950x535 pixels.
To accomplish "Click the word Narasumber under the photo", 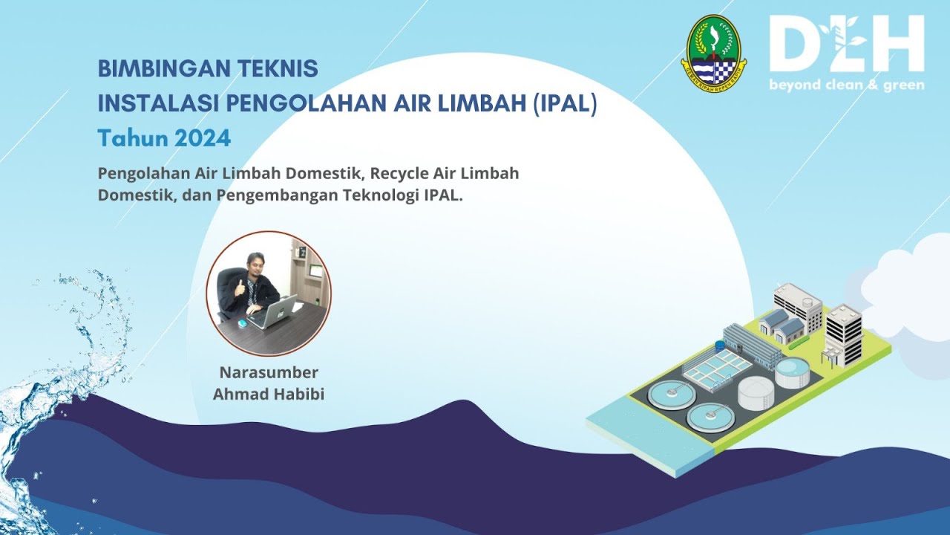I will pyautogui.click(x=269, y=372).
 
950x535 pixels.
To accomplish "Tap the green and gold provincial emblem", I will pyautogui.click(x=713, y=51).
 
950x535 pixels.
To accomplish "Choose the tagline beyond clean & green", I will pyautogui.click(x=846, y=85).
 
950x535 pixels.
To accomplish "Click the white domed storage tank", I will pyautogui.click(x=756, y=391).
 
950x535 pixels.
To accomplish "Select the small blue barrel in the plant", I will pyautogui.click(x=719, y=346).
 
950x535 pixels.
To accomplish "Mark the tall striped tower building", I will pyautogui.click(x=844, y=334).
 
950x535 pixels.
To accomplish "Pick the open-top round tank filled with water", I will pyautogui.click(x=792, y=371).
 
